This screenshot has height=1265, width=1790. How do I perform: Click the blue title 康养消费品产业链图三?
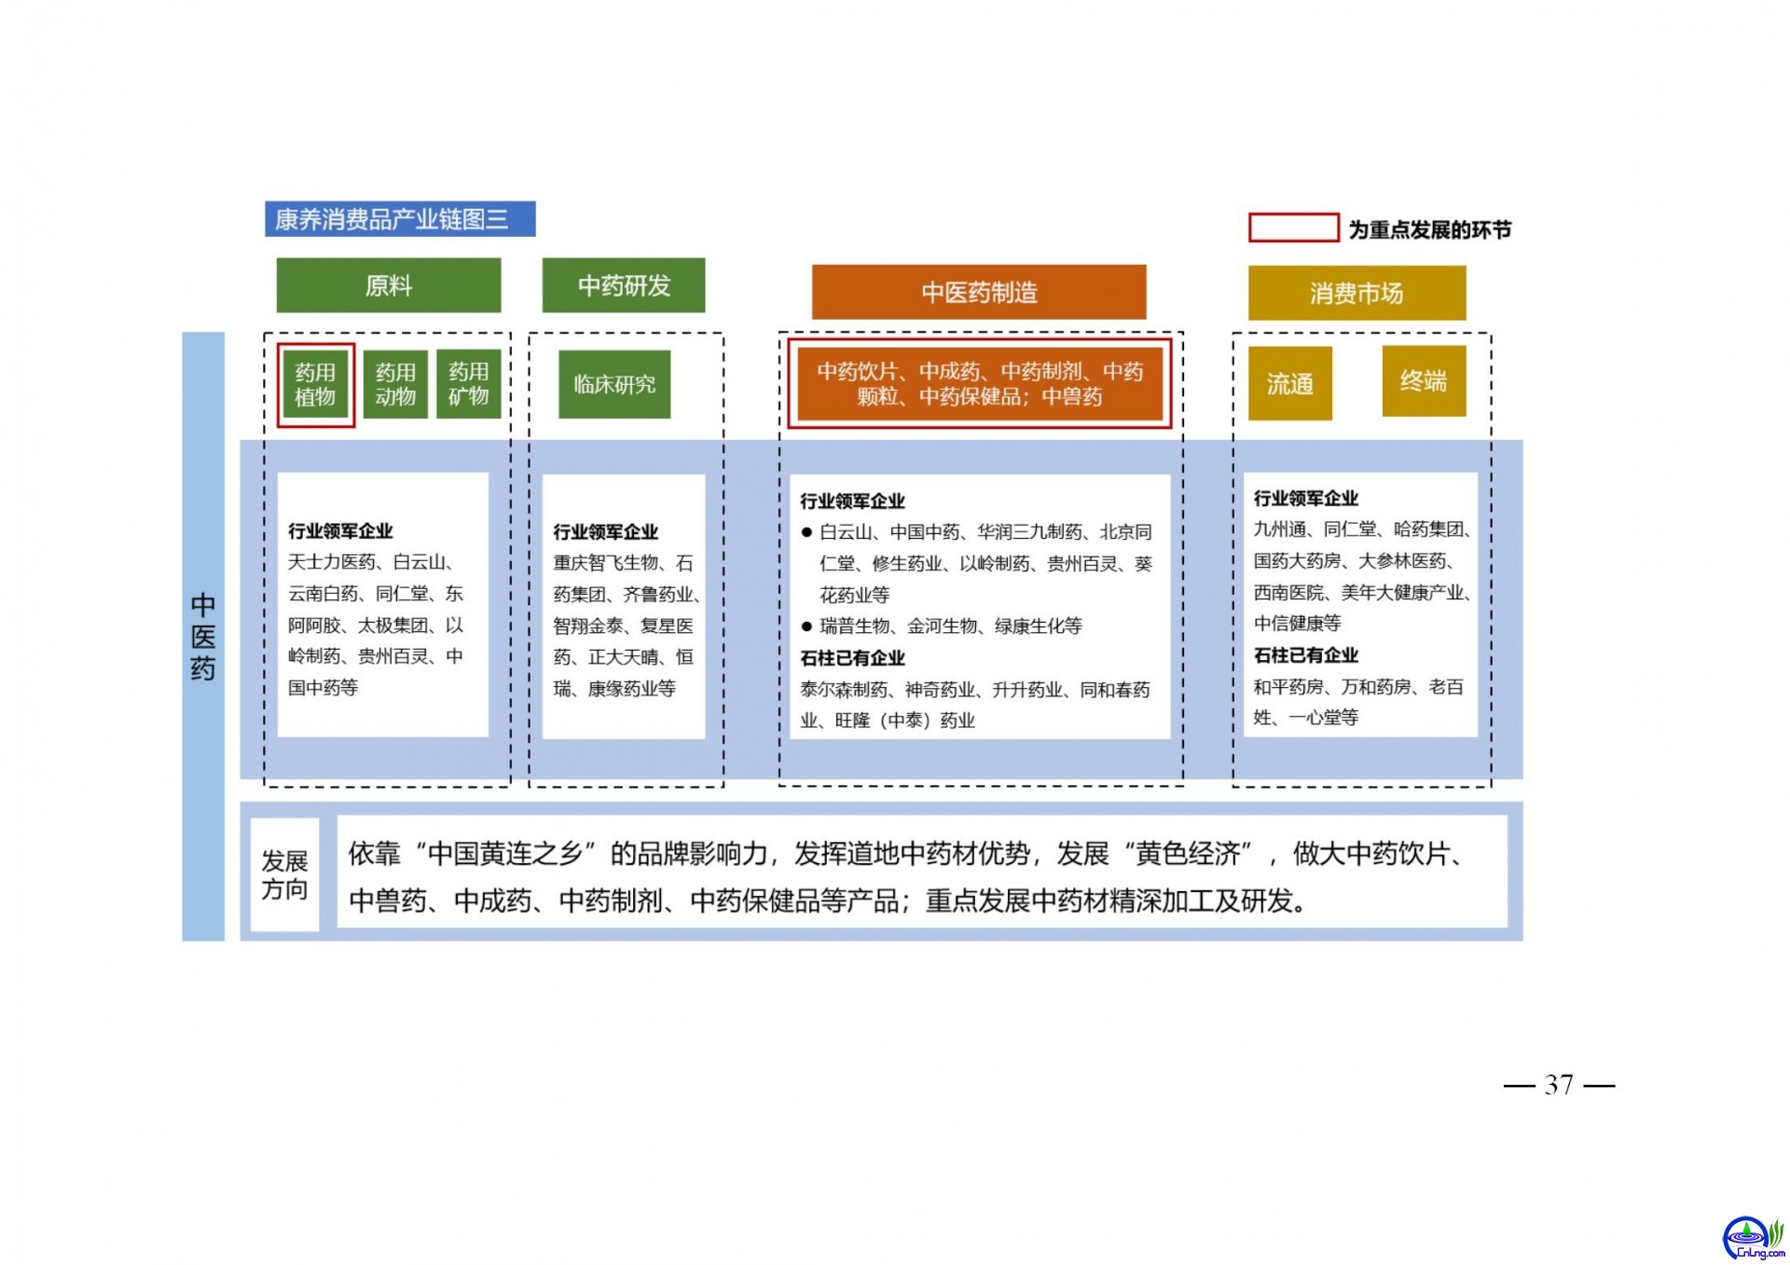(x=400, y=219)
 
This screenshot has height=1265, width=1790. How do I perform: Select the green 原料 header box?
(x=389, y=285)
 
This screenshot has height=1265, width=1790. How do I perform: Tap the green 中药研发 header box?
(x=624, y=285)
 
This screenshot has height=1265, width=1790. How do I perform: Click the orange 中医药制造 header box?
(x=979, y=292)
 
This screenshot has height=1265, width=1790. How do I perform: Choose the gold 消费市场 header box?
(x=1356, y=293)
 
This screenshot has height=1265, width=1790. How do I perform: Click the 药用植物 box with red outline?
(x=315, y=384)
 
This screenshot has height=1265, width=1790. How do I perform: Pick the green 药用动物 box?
(x=395, y=384)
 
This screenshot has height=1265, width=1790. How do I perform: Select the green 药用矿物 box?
(x=469, y=383)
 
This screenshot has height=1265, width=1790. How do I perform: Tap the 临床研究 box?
(x=614, y=384)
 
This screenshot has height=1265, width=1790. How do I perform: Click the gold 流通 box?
(x=1290, y=383)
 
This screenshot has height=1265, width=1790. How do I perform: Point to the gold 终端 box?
(x=1424, y=380)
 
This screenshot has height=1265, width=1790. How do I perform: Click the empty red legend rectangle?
(x=1294, y=227)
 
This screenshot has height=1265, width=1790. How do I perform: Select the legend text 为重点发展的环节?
(x=1430, y=229)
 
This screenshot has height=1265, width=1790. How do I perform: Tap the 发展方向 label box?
(x=284, y=874)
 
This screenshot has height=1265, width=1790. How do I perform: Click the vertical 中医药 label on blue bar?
(x=203, y=637)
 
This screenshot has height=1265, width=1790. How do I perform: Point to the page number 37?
(x=1559, y=1084)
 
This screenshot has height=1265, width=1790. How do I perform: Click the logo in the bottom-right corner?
(x=1753, y=1238)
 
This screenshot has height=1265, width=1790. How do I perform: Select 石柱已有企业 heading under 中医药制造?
(x=852, y=658)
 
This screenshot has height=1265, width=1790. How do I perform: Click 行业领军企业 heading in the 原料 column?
(x=340, y=531)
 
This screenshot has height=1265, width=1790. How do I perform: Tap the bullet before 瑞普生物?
(x=807, y=626)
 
